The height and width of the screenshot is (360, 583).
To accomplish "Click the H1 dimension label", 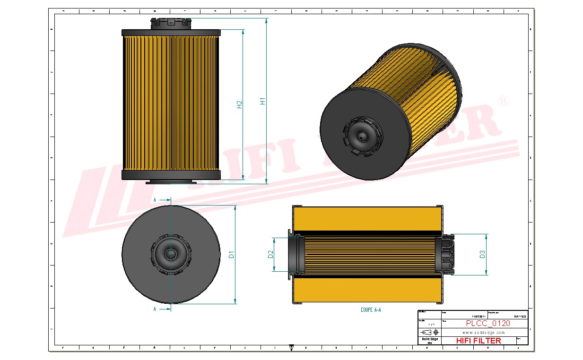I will coord(262,101).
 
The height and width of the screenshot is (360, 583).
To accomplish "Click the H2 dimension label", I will coord(239,104).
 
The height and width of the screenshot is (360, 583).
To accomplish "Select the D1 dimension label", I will coord(231,255).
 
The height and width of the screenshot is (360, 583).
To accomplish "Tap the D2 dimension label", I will coord(270,254).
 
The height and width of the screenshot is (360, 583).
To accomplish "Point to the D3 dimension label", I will coord(482,254).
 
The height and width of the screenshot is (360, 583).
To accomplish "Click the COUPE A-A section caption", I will coord(370,310).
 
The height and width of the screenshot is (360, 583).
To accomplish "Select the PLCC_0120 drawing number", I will coord(487,324).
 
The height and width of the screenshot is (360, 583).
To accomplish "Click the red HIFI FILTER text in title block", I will coord(478,341).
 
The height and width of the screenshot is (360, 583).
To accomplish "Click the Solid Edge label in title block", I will coord(429,339).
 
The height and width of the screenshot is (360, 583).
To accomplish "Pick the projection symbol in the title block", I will coord(429,332).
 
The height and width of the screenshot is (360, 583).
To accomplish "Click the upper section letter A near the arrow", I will coord(155,200).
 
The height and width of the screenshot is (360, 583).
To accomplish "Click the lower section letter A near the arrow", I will coord(155,309).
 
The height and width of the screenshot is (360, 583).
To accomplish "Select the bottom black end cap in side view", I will coord(171,175).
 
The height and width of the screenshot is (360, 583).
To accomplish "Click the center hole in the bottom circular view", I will coord(171,254).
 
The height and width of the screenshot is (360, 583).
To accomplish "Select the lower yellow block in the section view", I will coord(367,289).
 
